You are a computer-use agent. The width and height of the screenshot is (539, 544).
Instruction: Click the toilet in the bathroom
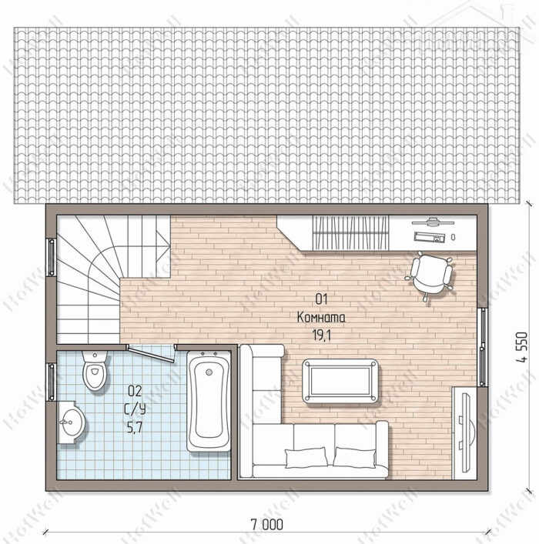click(x=95, y=370)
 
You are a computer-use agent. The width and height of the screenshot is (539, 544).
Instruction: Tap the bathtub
click(x=209, y=402)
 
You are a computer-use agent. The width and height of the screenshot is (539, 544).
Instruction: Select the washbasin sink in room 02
click(x=71, y=422)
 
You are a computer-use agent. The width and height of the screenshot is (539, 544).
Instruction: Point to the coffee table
click(x=340, y=381)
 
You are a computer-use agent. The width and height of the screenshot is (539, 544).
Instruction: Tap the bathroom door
click(x=150, y=353)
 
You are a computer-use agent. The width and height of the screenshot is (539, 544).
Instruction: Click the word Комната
click(x=321, y=318)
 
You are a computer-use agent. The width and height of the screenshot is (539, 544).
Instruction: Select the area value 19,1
click(x=322, y=335)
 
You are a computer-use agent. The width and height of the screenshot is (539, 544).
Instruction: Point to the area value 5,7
click(x=135, y=428)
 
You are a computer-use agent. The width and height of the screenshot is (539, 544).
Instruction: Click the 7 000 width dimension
click(x=266, y=524)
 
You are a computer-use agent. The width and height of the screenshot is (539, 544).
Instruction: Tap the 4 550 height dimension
click(x=522, y=347)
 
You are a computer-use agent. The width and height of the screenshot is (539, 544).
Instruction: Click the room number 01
click(x=321, y=299)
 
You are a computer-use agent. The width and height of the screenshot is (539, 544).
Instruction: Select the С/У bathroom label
click(x=135, y=409)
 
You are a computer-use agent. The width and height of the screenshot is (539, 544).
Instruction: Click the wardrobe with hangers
click(x=350, y=232)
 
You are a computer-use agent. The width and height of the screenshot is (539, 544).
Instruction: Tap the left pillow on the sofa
click(x=306, y=457)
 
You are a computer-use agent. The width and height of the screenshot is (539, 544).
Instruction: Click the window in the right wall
click(x=482, y=347)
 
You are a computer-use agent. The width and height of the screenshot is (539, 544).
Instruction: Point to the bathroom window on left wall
click(x=51, y=382)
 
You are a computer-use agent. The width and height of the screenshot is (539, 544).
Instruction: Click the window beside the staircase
click(x=51, y=257)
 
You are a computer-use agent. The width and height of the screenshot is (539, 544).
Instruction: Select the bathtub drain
click(x=209, y=372)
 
